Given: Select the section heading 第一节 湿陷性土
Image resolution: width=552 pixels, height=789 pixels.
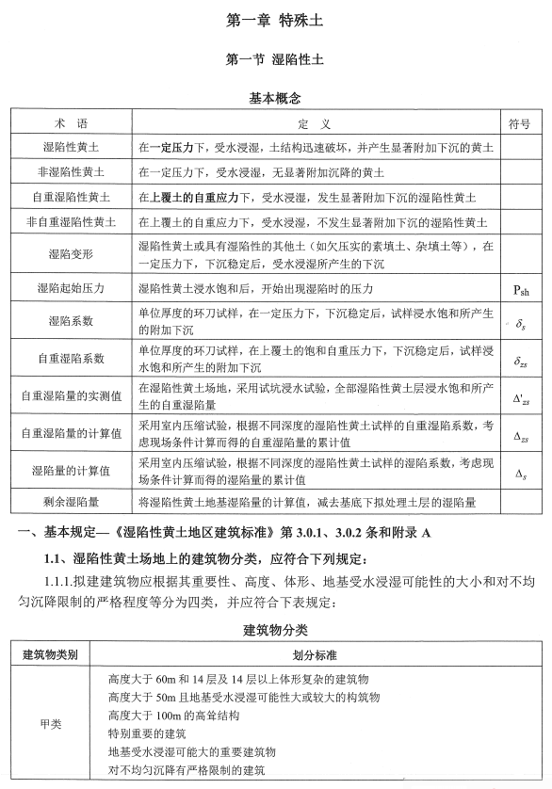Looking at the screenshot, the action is tap(276, 58).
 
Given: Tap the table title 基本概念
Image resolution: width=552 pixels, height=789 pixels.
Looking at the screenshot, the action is tap(276, 97).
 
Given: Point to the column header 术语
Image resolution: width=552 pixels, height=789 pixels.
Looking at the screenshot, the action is tap(70, 123).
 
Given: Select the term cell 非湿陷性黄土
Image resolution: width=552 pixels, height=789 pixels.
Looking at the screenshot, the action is tap(70, 173).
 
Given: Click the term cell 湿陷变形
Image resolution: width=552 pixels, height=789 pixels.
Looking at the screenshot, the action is tap(70, 254).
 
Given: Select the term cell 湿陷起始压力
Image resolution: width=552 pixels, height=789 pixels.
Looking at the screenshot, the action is tap(70, 288).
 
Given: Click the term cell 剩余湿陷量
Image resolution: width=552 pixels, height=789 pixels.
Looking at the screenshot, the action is tap(70, 504).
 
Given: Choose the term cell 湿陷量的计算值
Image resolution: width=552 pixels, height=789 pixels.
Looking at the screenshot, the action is tap(70, 470).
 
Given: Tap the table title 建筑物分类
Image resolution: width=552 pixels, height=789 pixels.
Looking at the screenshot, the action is tap(276, 628).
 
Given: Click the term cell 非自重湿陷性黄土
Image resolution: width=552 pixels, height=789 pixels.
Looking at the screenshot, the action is tap(70, 222).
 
